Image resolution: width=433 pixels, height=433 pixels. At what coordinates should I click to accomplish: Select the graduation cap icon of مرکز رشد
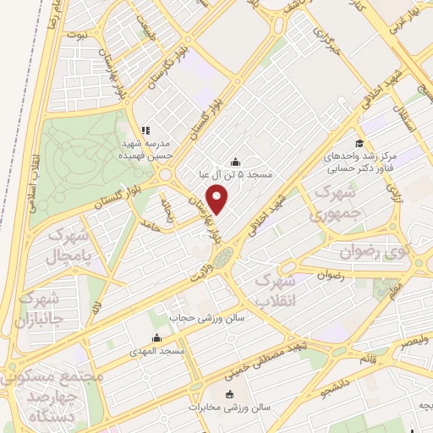point(359,143)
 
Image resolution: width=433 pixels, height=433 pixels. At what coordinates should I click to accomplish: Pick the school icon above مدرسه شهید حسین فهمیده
point(145,131)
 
